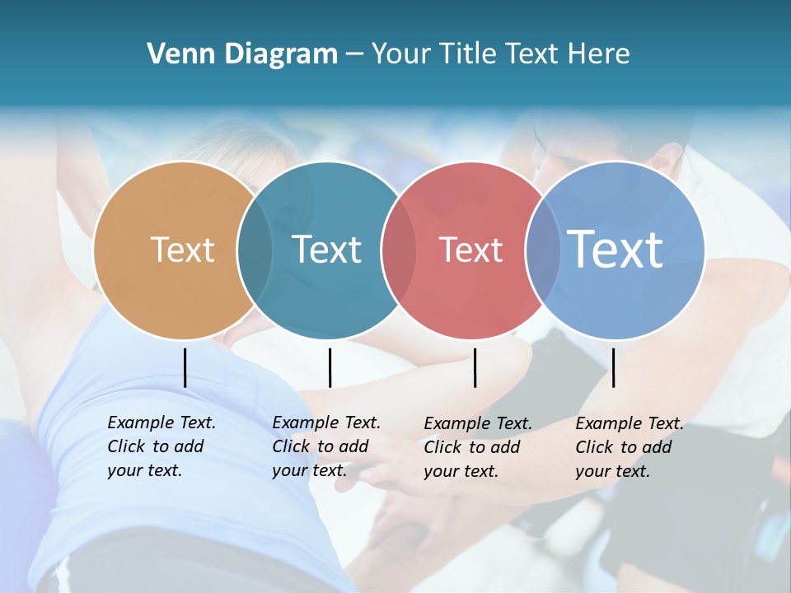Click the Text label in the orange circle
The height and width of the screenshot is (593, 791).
tap(182, 250)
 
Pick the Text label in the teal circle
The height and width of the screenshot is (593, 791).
tap(326, 250)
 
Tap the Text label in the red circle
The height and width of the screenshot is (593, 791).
tap(470, 250)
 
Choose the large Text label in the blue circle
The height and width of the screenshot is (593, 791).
tap(615, 250)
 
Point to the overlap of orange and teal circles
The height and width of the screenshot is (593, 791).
tap(255, 250)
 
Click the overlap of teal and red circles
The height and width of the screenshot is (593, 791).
tap(399, 250)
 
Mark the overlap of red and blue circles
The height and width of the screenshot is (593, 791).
tap(543, 250)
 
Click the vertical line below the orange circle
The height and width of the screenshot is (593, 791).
tap(185, 367)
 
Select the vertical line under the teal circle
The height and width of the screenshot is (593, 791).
tap(330, 367)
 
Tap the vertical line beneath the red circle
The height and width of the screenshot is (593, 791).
tap(475, 367)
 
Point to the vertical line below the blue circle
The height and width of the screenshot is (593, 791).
tap(613, 367)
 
